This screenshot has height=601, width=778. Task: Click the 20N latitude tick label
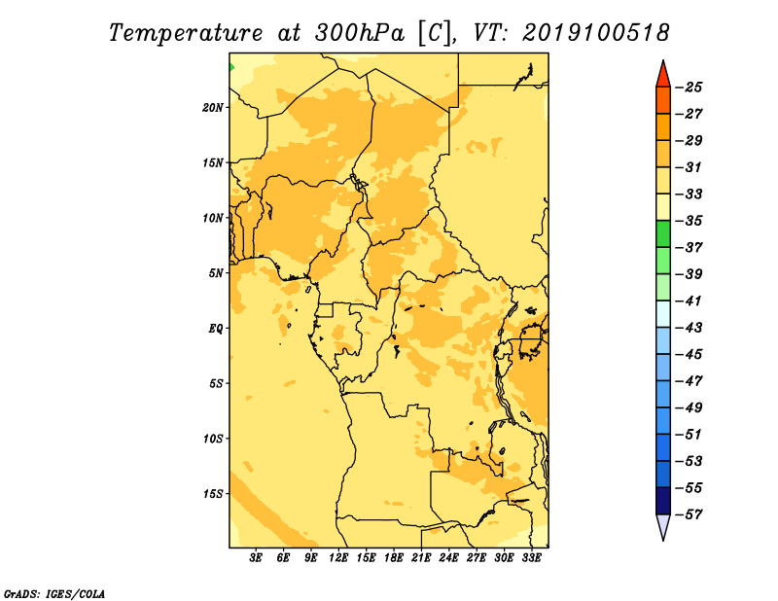click(x=213, y=107)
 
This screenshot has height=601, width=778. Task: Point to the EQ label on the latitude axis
click(x=216, y=328)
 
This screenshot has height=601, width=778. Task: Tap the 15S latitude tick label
click(x=213, y=494)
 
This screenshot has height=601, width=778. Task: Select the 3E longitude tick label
click(x=256, y=557)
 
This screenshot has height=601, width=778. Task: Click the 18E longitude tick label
click(x=394, y=557)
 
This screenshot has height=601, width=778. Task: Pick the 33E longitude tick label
click(x=531, y=557)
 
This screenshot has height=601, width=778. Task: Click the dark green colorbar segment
click(x=663, y=233)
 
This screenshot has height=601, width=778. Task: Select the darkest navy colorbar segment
click(x=663, y=501)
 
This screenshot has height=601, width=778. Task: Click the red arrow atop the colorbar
click(x=663, y=74)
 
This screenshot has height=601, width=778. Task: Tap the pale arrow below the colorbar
click(x=663, y=527)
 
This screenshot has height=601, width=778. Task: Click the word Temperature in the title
click(x=186, y=33)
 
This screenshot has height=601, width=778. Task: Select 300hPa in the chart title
click(x=359, y=33)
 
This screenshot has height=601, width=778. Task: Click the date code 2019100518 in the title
click(x=596, y=33)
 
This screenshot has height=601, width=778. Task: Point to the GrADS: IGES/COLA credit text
click(x=54, y=593)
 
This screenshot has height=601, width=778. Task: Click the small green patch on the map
click(x=231, y=67)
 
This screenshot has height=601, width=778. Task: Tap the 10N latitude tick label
click(x=213, y=218)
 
